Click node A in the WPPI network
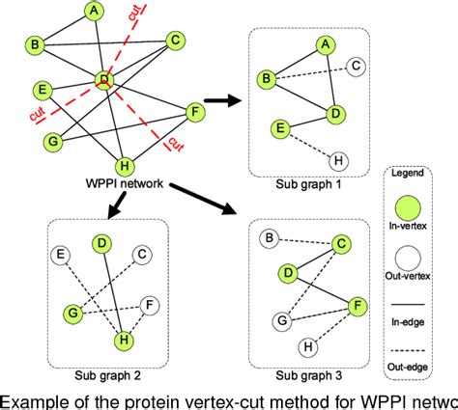click(x=94, y=12)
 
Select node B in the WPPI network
click(x=35, y=44)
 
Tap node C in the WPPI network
click(x=175, y=40)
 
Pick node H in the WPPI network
click(x=125, y=162)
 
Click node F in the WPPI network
click(x=194, y=113)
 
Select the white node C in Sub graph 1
click(x=357, y=68)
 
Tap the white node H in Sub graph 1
click(x=337, y=160)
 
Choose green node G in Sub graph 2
click(x=70, y=314)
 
